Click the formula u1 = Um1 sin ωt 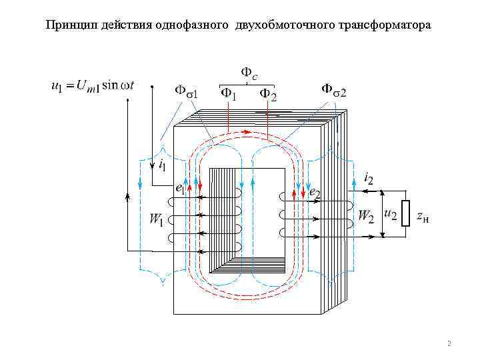pos(94,85)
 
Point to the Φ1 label pos(229,95)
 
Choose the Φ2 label pos(268,95)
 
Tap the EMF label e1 pos(179,189)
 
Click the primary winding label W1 pos(156,218)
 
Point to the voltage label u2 pos(391,214)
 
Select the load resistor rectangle pos(405,214)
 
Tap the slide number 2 pos(449,344)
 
